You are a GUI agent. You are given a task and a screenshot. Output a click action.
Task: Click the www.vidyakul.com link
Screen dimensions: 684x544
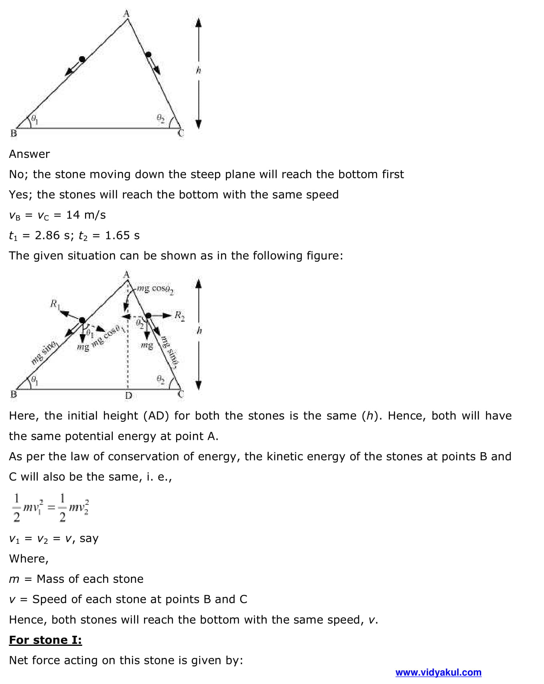[438, 672]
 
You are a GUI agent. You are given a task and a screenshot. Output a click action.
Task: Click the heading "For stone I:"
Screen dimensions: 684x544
[45, 640]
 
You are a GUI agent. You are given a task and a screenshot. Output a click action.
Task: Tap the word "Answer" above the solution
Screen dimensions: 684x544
[29, 154]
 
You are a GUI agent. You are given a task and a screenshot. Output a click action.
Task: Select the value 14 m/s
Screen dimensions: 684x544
[86, 215]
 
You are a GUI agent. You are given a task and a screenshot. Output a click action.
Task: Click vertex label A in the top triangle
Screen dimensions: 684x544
[126, 14]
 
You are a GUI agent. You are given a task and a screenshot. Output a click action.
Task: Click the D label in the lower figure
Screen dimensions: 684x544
[128, 395]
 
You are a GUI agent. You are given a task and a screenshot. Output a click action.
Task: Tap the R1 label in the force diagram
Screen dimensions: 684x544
[54, 304]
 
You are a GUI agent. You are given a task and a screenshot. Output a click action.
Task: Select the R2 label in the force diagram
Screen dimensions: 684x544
[179, 316]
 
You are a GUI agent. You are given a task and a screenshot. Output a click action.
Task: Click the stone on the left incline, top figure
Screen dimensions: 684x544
[82, 59]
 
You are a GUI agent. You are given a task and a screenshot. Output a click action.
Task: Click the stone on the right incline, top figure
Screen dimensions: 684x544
[148, 55]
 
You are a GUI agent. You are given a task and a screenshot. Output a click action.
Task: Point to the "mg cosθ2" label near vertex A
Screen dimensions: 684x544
[155, 289]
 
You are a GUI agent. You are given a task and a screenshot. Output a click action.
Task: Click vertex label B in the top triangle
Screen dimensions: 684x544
[13, 133]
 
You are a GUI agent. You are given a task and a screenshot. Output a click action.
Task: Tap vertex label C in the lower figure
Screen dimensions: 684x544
[181, 394]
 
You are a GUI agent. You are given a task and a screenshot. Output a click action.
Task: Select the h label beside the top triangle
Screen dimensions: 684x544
[198, 71]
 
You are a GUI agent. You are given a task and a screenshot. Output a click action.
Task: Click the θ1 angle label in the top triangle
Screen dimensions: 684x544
[35, 119]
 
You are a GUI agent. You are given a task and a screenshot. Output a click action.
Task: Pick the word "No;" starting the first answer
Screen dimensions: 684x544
[19, 174]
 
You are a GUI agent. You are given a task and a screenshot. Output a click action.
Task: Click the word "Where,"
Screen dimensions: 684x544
[28, 558]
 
